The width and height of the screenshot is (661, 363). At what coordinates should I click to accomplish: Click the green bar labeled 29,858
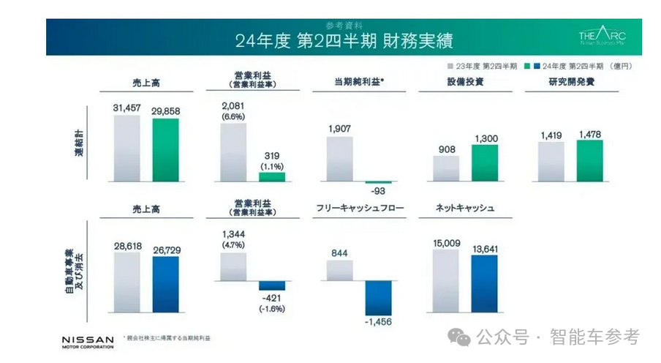click(x=165, y=149)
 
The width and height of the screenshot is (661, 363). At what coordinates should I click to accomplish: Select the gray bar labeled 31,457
click(x=126, y=148)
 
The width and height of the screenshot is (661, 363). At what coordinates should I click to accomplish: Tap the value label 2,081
click(x=233, y=106)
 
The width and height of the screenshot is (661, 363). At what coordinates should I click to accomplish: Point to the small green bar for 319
click(x=272, y=176)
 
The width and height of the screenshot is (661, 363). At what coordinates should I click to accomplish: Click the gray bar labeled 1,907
click(x=339, y=158)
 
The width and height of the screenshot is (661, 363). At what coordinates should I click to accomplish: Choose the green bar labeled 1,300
click(x=484, y=162)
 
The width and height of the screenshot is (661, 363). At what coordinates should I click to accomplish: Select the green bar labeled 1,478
click(x=589, y=160)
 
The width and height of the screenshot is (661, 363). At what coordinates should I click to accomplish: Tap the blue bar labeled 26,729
click(x=165, y=283)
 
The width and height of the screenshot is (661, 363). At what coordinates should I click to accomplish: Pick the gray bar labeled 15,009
click(x=446, y=280)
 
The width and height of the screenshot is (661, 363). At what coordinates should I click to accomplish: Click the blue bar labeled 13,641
click(x=484, y=283)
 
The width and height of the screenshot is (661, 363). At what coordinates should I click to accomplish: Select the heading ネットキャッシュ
click(x=466, y=209)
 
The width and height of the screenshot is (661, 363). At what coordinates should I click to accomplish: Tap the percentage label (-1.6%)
click(x=272, y=309)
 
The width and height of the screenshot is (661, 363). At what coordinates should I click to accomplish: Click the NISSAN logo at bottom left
click(x=88, y=342)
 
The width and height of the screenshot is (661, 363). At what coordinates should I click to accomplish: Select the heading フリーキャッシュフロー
click(x=360, y=209)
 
